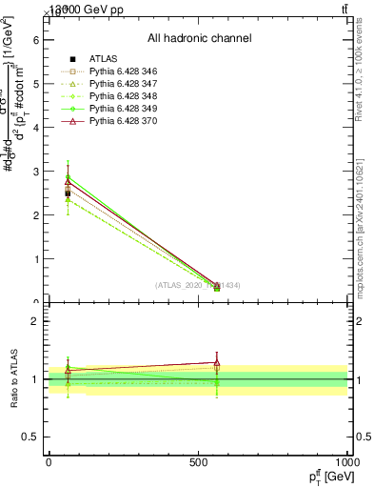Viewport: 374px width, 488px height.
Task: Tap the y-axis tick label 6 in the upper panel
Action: tap(35, 40)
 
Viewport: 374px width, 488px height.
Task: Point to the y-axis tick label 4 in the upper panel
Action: tap(35, 128)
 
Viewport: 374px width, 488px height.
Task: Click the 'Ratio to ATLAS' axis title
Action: tap(14, 379)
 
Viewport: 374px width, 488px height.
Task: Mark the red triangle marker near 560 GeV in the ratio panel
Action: tap(217, 362)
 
